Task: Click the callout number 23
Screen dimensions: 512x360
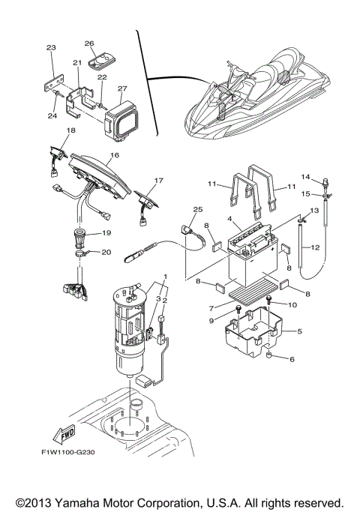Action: [51, 48]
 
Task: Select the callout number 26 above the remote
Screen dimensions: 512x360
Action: [89, 43]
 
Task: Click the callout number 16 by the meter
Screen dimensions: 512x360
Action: [114, 157]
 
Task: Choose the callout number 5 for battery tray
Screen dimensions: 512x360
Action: [300, 331]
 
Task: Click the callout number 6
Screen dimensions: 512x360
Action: [292, 359]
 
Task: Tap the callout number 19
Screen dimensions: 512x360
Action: [106, 233]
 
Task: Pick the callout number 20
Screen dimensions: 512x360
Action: [106, 253]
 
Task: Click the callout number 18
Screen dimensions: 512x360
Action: [49, 130]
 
